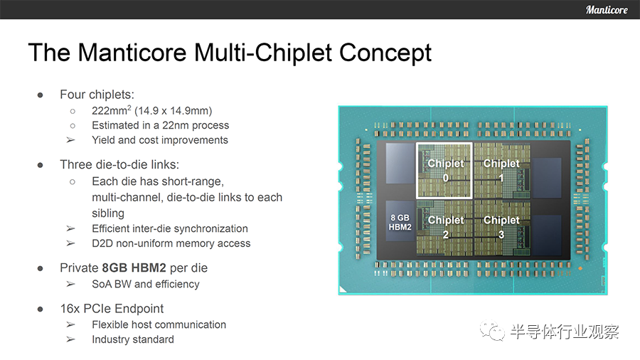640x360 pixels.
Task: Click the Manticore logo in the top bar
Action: [607, 9]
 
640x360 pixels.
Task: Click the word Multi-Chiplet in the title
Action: [263, 53]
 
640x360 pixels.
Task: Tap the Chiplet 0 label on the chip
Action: [445, 170]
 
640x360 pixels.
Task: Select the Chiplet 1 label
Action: [501, 170]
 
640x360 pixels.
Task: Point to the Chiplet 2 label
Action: [445, 227]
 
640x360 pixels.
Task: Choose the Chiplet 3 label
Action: [501, 227]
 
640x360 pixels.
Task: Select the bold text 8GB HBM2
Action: [134, 268]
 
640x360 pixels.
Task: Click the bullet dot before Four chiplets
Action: [40, 95]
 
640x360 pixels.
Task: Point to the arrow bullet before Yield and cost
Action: [70, 140]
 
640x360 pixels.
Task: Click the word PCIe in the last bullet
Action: [98, 309]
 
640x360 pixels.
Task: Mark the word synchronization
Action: [215, 228]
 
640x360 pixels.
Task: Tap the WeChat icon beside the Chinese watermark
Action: [492, 330]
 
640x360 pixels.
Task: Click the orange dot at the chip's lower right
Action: [580, 268]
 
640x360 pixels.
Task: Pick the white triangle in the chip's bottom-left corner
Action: [343, 290]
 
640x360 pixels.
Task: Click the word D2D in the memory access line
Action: [102, 243]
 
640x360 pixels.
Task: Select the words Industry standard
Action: [133, 339]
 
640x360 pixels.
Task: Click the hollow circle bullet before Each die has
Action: [73, 181]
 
